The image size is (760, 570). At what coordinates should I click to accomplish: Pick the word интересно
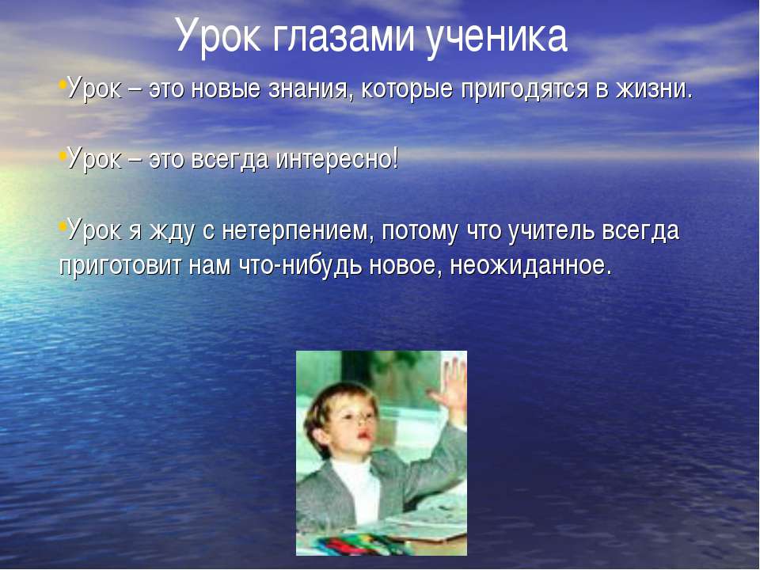(x=334, y=159)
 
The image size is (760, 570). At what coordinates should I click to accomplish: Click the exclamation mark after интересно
(x=396, y=158)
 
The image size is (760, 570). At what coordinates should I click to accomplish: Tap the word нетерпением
(x=297, y=230)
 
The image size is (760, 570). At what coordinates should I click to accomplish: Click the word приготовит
(x=120, y=266)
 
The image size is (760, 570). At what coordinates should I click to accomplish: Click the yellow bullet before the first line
(x=62, y=85)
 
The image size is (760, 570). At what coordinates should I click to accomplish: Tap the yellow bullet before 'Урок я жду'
(x=62, y=226)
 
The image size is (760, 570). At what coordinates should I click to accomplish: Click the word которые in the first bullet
(x=407, y=90)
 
